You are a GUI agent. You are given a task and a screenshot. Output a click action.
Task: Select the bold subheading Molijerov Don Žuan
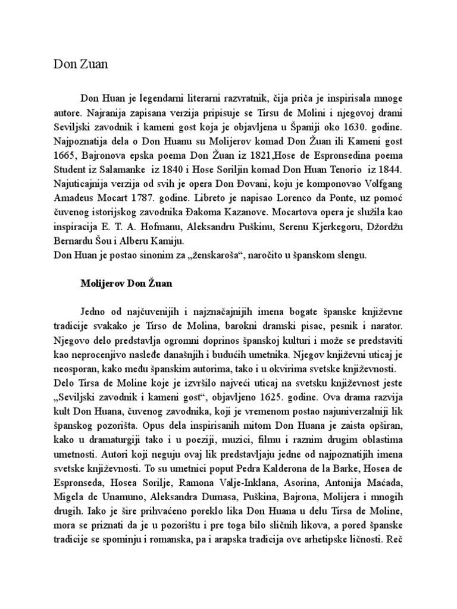coord(126,284)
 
